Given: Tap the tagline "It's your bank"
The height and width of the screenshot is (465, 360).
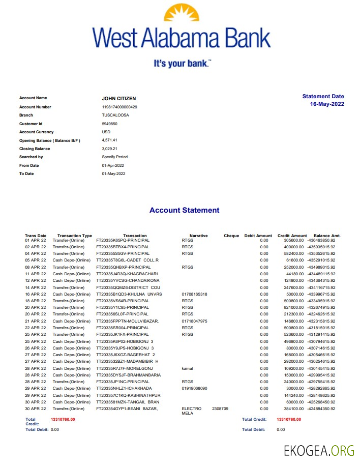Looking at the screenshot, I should pyautogui.click(x=182, y=64).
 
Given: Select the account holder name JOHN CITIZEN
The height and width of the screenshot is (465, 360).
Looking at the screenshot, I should pyautogui.click(x=119, y=99).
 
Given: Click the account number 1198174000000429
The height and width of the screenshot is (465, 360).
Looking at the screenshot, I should pyautogui.click(x=119, y=107).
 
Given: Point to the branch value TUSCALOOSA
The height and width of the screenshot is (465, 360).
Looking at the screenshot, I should pyautogui.click(x=115, y=115).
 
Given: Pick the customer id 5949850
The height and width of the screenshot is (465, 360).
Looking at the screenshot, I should pyautogui.click(x=110, y=124).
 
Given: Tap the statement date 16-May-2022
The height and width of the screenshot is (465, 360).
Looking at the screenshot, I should pyautogui.click(x=327, y=104).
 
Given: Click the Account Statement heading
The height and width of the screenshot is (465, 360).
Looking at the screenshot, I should pyautogui.click(x=185, y=210).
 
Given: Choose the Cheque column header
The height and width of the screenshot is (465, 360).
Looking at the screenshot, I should pyautogui.click(x=231, y=236).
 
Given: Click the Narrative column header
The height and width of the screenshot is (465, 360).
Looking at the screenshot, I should pyautogui.click(x=198, y=236).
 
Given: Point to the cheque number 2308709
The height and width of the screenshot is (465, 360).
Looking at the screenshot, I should pyautogui.click(x=220, y=409).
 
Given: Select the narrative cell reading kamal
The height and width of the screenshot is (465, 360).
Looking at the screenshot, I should pyautogui.click(x=187, y=367).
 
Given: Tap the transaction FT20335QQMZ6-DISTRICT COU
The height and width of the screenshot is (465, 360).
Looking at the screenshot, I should pyautogui.click(x=128, y=287).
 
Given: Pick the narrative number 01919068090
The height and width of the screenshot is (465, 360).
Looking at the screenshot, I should pyautogui.click(x=194, y=388).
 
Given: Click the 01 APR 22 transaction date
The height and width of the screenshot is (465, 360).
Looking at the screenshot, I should pyautogui.click(x=36, y=240).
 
